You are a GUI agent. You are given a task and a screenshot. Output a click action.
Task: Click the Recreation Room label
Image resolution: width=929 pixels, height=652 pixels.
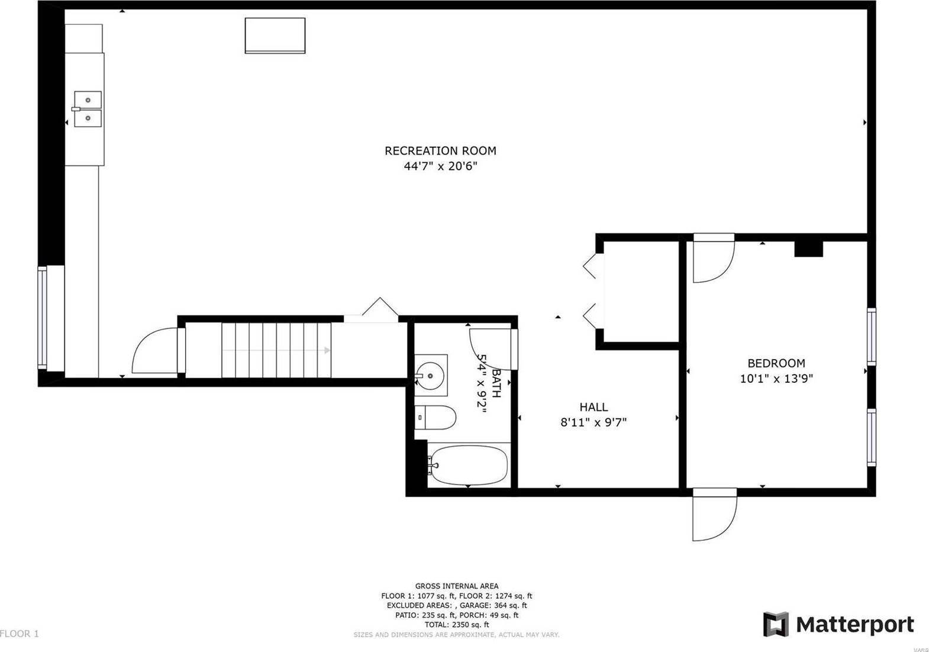440,151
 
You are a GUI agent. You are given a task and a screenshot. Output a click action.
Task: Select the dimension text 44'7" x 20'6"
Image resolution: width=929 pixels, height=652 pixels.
440,167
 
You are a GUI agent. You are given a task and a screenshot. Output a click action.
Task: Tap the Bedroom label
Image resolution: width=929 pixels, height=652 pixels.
776,363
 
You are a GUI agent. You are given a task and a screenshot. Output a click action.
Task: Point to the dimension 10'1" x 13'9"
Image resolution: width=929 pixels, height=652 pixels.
776,379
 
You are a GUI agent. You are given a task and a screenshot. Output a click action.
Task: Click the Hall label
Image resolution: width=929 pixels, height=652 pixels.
593,407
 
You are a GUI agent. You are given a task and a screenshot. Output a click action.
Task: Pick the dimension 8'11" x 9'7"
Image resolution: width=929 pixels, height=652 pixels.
593,422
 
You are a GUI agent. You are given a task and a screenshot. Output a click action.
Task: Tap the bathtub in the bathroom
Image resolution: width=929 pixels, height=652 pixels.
468,464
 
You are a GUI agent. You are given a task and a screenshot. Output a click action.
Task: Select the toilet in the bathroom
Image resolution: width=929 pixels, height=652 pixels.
437,418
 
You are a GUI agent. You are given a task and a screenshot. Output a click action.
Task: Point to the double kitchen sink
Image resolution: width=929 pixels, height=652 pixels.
88,109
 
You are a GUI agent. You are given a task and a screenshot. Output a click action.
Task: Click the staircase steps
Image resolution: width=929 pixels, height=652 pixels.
276,350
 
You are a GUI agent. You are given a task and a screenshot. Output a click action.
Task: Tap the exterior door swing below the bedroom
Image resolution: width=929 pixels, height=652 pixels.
715,515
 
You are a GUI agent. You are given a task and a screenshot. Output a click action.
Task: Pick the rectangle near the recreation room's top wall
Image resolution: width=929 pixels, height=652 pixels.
275,35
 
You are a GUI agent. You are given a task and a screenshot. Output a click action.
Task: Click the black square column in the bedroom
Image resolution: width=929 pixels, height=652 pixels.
808,248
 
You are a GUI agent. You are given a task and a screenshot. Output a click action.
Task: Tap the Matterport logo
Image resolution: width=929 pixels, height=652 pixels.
838,624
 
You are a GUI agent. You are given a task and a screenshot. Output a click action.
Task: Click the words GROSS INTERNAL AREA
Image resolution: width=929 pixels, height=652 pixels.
456,586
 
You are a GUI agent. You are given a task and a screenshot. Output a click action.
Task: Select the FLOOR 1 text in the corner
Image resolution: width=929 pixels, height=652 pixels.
20,634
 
